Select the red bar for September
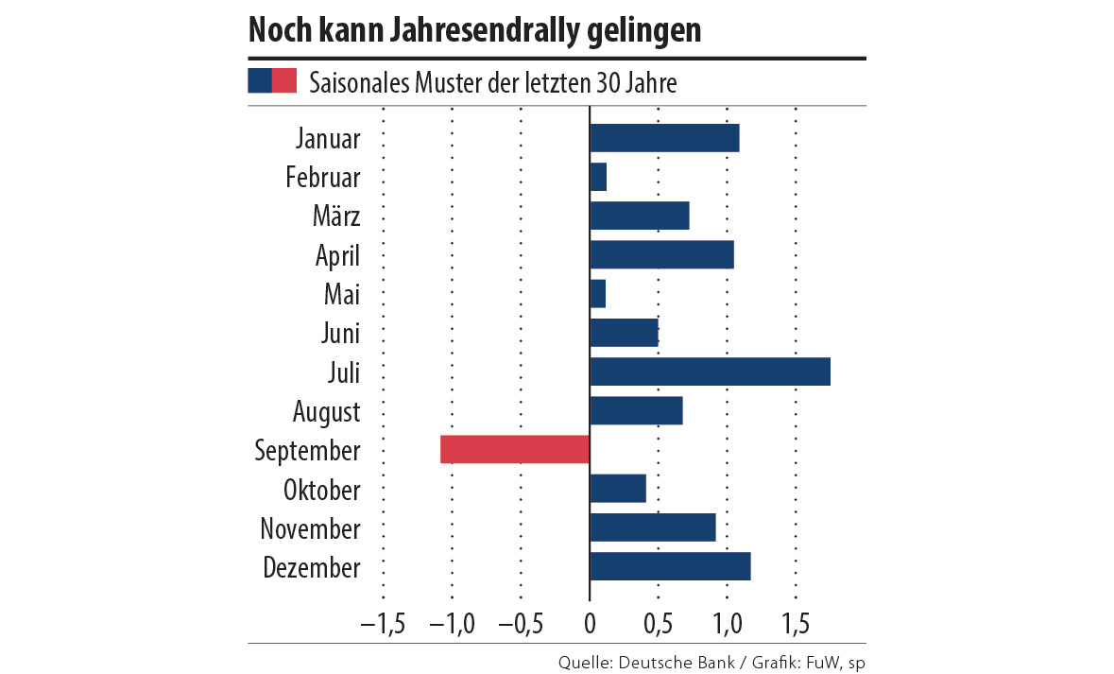(x=515, y=450)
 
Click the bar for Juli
(x=710, y=372)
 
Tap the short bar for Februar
(x=598, y=177)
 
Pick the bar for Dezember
(x=670, y=566)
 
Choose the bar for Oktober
(x=618, y=489)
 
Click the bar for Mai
(x=597, y=294)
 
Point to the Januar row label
(x=328, y=139)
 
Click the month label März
(x=336, y=216)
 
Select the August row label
(x=326, y=412)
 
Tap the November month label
(x=310, y=528)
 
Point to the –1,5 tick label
(x=383, y=625)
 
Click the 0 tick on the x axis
(x=590, y=625)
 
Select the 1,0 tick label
(x=727, y=625)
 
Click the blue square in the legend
(x=260, y=81)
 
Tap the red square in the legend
(x=284, y=81)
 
